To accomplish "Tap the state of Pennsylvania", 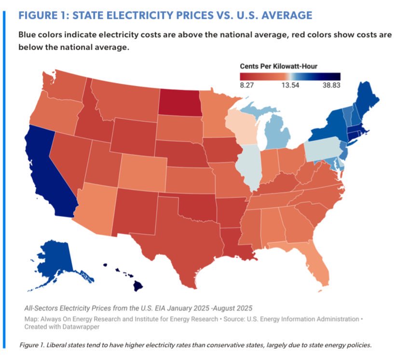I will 323,151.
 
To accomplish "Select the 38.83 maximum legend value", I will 332,85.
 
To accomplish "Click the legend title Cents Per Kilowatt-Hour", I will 278,66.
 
